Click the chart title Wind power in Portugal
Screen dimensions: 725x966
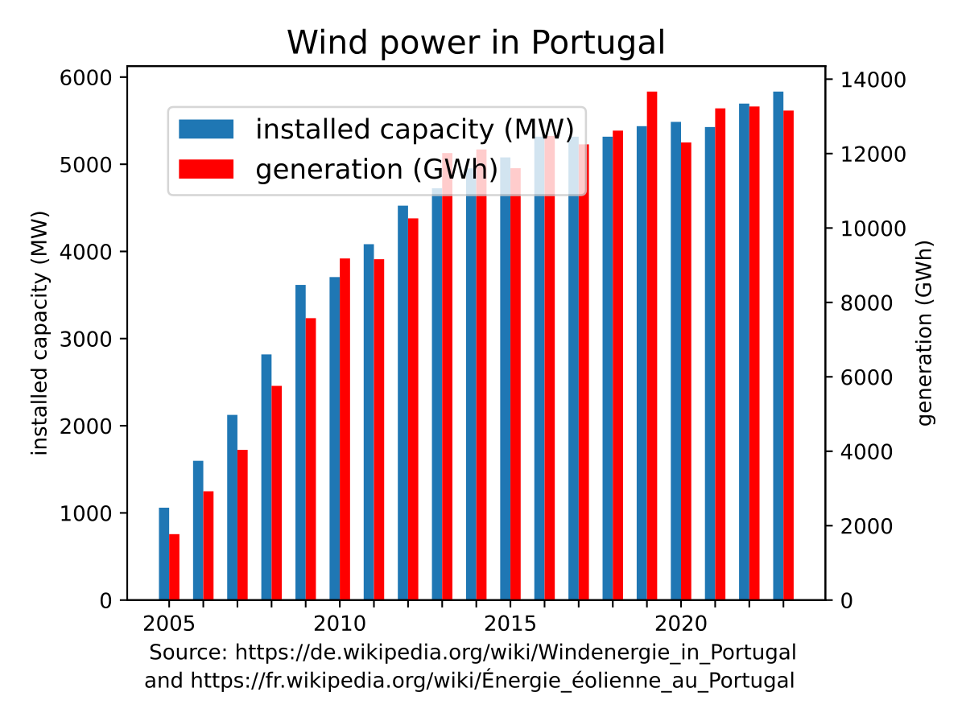pos(476,43)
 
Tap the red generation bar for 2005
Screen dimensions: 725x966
pos(174,566)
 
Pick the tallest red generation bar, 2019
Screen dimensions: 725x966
pos(652,346)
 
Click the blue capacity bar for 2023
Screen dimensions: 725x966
pos(778,346)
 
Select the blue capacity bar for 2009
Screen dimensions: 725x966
pos(300,443)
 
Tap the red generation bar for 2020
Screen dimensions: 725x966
pos(686,371)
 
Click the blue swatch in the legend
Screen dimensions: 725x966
pos(206,129)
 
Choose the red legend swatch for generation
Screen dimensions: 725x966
pos(206,168)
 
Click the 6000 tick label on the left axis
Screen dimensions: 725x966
pos(88,78)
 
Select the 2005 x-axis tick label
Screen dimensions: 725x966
pos(168,624)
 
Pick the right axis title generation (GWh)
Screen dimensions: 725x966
pos(926,332)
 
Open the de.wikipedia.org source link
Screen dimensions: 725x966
pos(515,652)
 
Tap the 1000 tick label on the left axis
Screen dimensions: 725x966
pos(88,513)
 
